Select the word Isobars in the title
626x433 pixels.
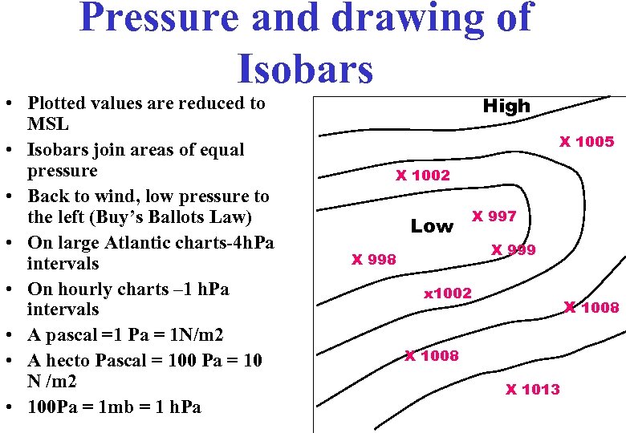[305, 67]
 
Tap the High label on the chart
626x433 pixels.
[506, 106]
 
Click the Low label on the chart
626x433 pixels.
[432, 227]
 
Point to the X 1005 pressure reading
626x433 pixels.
[587, 142]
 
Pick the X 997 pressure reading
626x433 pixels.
[494, 216]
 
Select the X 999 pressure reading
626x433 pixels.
[513, 249]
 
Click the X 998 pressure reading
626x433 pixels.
[374, 259]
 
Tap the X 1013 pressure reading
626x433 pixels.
[532, 390]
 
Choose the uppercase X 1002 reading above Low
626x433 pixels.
[422, 176]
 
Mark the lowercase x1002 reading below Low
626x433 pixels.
[448, 293]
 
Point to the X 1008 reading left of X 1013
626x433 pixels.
[432, 355]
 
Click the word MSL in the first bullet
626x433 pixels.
[48, 124]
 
